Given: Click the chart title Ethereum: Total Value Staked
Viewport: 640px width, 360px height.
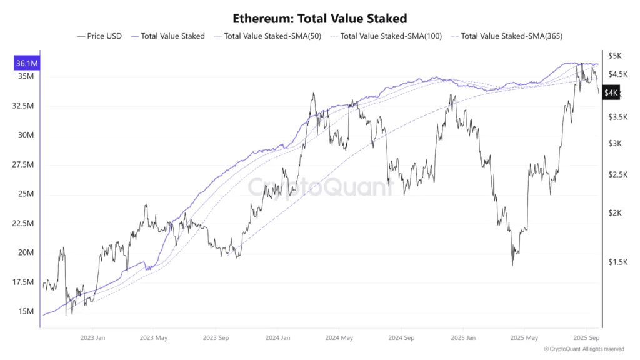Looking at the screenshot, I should tap(319, 19).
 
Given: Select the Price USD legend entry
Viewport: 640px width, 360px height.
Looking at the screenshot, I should tap(100, 36).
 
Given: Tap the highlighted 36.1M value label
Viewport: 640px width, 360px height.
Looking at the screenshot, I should tap(26, 63).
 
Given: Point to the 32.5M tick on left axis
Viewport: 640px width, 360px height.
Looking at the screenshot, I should tap(22, 106).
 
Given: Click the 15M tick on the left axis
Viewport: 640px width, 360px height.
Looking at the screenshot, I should tap(27, 311).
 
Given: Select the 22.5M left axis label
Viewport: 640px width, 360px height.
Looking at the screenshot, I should tap(22, 223).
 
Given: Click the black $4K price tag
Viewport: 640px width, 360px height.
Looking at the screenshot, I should tap(611, 93).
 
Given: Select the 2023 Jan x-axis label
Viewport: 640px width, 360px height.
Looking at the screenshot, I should tap(92, 337).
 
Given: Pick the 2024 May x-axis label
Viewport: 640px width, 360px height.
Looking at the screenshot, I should tap(339, 337).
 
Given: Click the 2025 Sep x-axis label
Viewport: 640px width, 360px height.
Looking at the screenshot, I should tap(586, 337).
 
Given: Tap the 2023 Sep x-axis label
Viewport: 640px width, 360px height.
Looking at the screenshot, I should tap(215, 337).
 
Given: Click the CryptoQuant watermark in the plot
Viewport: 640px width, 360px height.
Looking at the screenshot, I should tap(320, 186).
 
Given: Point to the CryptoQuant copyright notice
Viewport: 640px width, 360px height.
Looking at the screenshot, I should tap(584, 349).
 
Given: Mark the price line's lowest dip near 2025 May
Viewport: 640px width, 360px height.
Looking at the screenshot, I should tap(512, 265).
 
